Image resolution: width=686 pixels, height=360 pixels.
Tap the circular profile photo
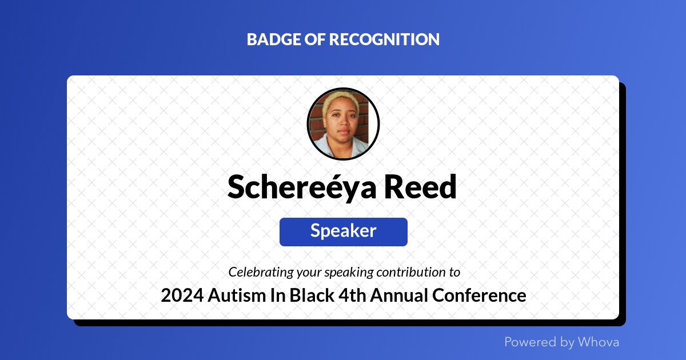click(x=343, y=124)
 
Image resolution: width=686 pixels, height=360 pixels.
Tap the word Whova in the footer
click(x=598, y=342)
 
